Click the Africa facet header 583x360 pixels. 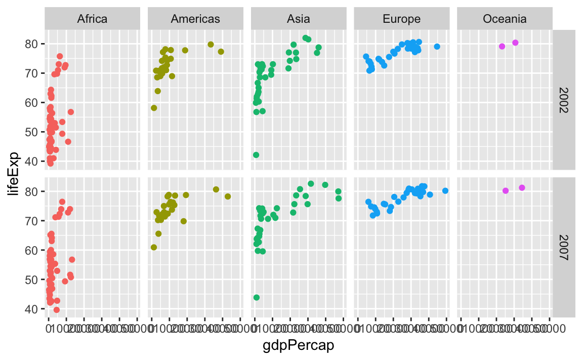[92, 19]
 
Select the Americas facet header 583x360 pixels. [195, 19]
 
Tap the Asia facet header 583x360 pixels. [299, 19]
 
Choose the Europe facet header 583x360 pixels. [401, 19]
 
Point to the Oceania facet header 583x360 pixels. [505, 19]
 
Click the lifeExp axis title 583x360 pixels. [15, 173]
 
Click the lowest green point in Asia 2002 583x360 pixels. [256, 155]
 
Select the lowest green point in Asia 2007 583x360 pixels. [257, 297]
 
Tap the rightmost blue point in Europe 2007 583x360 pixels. [445, 191]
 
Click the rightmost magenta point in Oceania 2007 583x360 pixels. [522, 188]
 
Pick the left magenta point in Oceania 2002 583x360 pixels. [502, 47]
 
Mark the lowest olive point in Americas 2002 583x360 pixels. [154, 108]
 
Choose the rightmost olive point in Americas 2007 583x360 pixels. [228, 196]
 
